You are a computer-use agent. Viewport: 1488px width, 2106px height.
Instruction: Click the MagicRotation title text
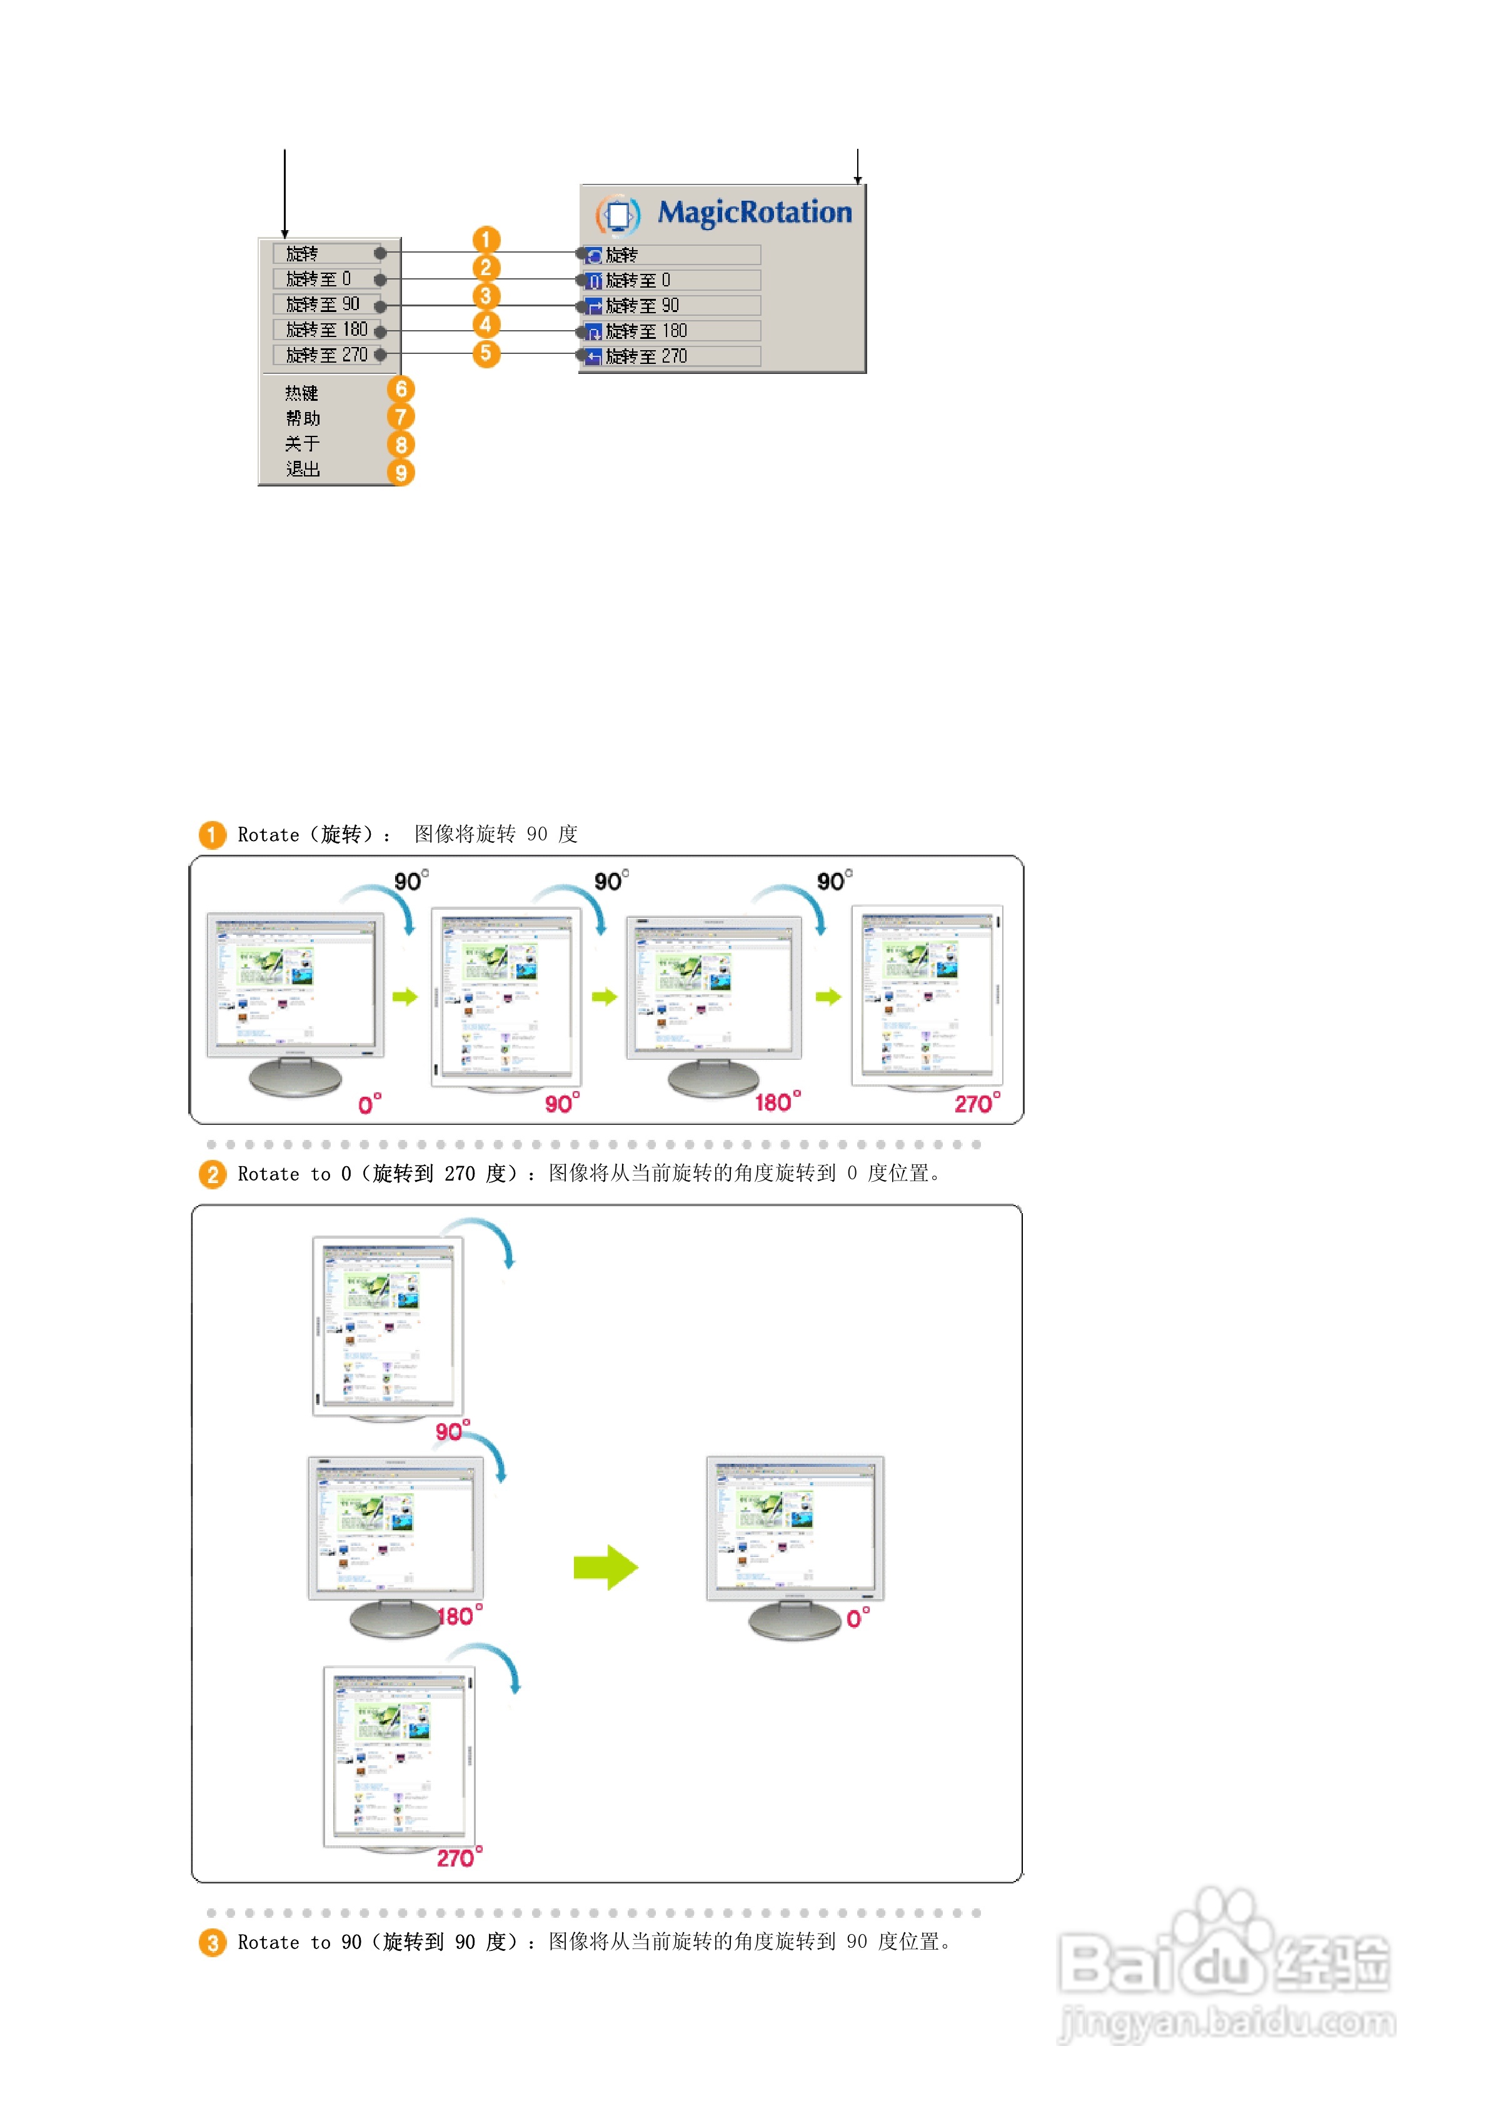(754, 213)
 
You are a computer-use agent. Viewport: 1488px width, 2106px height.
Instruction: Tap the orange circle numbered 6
(401, 390)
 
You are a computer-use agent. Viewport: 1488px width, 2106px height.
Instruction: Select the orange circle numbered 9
(401, 473)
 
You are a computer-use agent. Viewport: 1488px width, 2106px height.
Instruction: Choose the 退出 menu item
(303, 470)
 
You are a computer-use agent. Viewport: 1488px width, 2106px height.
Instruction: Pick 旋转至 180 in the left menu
(326, 330)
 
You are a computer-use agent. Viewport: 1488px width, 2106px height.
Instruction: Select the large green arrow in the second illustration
(605, 1568)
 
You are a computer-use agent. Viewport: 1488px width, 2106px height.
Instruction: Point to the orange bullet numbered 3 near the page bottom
(213, 1943)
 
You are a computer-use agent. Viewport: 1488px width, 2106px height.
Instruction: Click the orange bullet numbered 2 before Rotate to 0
(213, 1174)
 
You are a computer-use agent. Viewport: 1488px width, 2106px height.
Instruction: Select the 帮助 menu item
(303, 419)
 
